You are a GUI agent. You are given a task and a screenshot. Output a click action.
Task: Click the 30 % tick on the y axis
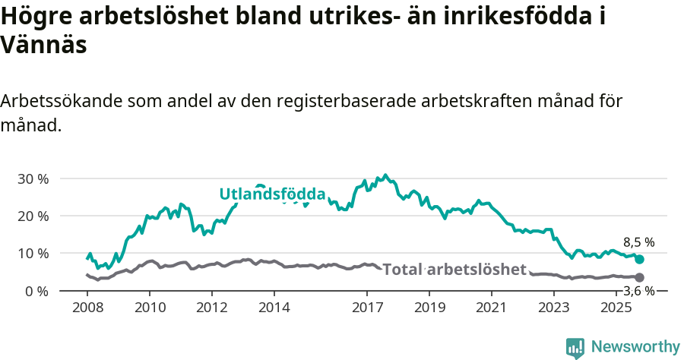point(33,178)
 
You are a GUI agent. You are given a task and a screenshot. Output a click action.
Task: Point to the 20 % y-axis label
point(33,216)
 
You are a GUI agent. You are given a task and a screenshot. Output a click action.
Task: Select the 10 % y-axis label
point(33,253)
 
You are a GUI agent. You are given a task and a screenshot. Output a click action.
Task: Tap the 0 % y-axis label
point(37,291)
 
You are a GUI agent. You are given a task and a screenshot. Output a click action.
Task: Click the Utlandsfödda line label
point(272,194)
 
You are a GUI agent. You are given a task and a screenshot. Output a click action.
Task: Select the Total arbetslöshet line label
point(454,270)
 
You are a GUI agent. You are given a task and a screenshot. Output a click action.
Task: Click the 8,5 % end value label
point(638,242)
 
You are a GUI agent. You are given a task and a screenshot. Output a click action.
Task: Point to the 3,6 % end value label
point(638,290)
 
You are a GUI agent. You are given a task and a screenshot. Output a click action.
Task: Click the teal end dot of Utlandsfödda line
point(639,260)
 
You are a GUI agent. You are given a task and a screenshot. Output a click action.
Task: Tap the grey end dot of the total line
point(639,278)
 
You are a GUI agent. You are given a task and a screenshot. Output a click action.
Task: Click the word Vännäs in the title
point(43,45)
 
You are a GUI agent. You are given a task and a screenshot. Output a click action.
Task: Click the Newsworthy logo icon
point(575,347)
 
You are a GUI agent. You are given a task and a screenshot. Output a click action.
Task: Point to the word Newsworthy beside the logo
point(635,347)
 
